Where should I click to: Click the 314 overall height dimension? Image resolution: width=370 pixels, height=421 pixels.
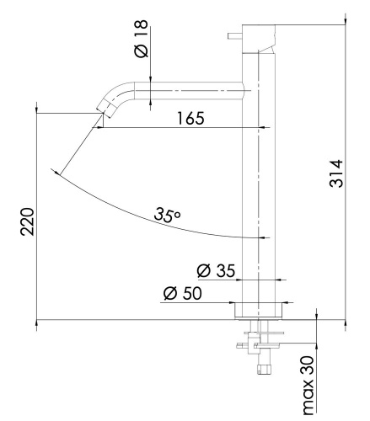[x=335, y=174]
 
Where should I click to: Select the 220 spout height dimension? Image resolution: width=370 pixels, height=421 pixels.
[x=25, y=221]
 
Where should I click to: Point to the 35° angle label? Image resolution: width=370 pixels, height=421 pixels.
[x=168, y=216]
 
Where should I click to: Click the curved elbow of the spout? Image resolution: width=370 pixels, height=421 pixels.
[x=118, y=91]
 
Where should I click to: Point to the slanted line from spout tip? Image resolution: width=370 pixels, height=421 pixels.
[x=78, y=145]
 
